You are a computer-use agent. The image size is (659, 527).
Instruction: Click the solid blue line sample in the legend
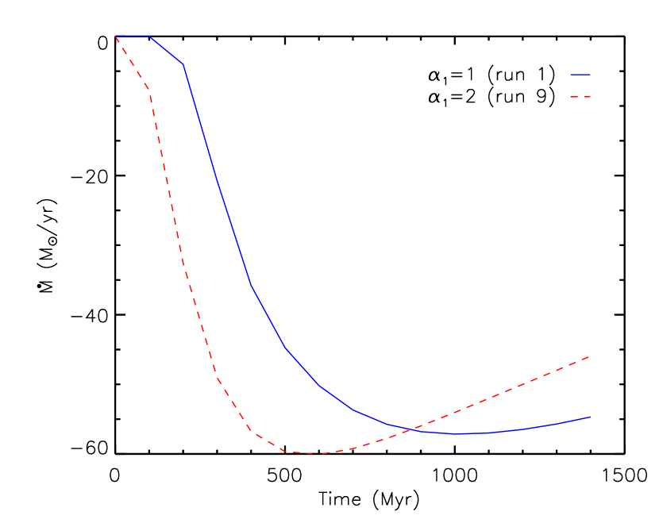point(580,75)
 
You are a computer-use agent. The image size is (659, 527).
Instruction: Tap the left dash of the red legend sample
point(573,97)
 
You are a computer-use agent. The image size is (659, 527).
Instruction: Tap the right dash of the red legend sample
point(587,97)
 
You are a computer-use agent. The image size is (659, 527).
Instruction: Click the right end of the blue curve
point(591,417)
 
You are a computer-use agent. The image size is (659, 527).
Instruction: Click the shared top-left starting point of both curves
point(116,37)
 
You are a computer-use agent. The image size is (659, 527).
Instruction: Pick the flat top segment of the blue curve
point(133,37)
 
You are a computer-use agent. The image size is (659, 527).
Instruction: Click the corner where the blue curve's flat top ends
point(149,37)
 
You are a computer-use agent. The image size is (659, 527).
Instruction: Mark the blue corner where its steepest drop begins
point(183,63)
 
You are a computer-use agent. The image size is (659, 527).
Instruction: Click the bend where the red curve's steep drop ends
point(217,378)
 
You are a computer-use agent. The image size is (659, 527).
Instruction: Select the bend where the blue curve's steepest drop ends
point(251,286)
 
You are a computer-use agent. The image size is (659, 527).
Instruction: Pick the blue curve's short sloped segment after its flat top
point(167,50)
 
